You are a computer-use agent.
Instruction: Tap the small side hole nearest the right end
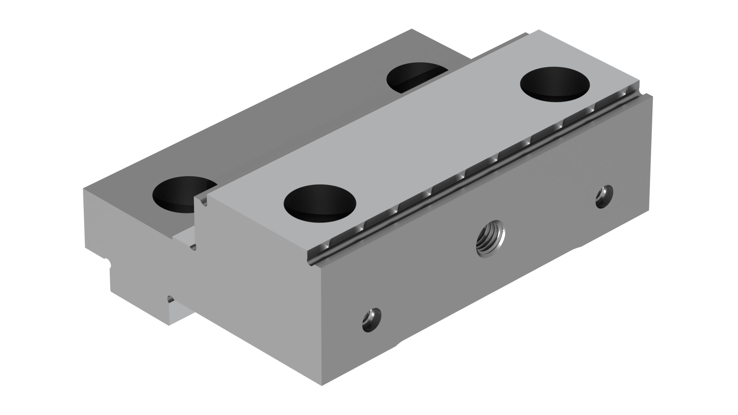pos(604,196)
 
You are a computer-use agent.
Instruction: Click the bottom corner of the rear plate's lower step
pos(168,325)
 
